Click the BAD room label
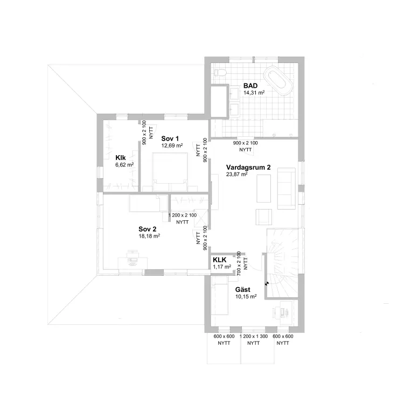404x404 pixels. click(250, 86)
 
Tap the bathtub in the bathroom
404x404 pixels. click(278, 80)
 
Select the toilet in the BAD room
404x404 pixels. click(220, 73)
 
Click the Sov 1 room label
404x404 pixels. click(170, 138)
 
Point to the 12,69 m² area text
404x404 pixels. click(172, 145)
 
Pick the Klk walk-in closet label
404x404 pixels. click(121, 158)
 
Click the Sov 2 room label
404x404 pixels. click(148, 229)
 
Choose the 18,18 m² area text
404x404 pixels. click(149, 236)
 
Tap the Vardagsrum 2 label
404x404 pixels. click(248, 168)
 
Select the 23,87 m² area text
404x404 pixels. click(237, 175)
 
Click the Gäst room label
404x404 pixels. click(243, 290)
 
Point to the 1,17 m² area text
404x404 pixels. click(222, 267)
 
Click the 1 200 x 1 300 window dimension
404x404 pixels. click(254, 336)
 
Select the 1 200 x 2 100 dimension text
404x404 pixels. click(183, 215)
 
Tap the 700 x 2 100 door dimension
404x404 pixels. click(239, 263)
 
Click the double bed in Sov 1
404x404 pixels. click(170, 172)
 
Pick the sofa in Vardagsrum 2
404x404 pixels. click(286, 189)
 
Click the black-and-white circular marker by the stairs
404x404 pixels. click(266, 283)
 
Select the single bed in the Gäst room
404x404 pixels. click(220, 296)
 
